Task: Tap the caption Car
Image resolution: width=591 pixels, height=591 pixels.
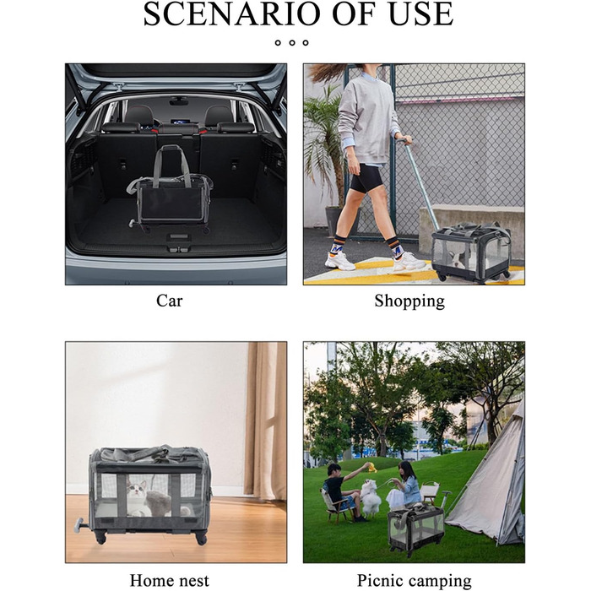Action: coord(169,301)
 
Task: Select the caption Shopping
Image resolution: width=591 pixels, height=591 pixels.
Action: coord(409,301)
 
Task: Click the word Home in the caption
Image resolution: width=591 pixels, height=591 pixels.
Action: coord(148,581)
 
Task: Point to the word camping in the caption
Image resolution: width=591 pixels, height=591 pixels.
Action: coord(440,582)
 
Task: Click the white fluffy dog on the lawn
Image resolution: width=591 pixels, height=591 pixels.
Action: coord(371,497)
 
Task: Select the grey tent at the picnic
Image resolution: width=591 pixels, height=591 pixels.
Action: coord(490,479)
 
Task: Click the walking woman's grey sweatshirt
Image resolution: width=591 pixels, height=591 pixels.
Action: coord(366,121)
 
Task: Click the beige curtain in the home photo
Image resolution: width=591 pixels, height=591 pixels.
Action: coord(265,420)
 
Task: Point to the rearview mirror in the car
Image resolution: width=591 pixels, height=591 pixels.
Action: coord(179,101)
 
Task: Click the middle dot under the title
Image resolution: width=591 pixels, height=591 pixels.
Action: coord(292,42)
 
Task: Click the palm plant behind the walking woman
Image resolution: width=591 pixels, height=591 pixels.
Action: coord(325,144)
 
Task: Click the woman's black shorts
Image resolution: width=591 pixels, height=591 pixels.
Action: coord(366,178)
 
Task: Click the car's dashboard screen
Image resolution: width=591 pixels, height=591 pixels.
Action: coord(179,122)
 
